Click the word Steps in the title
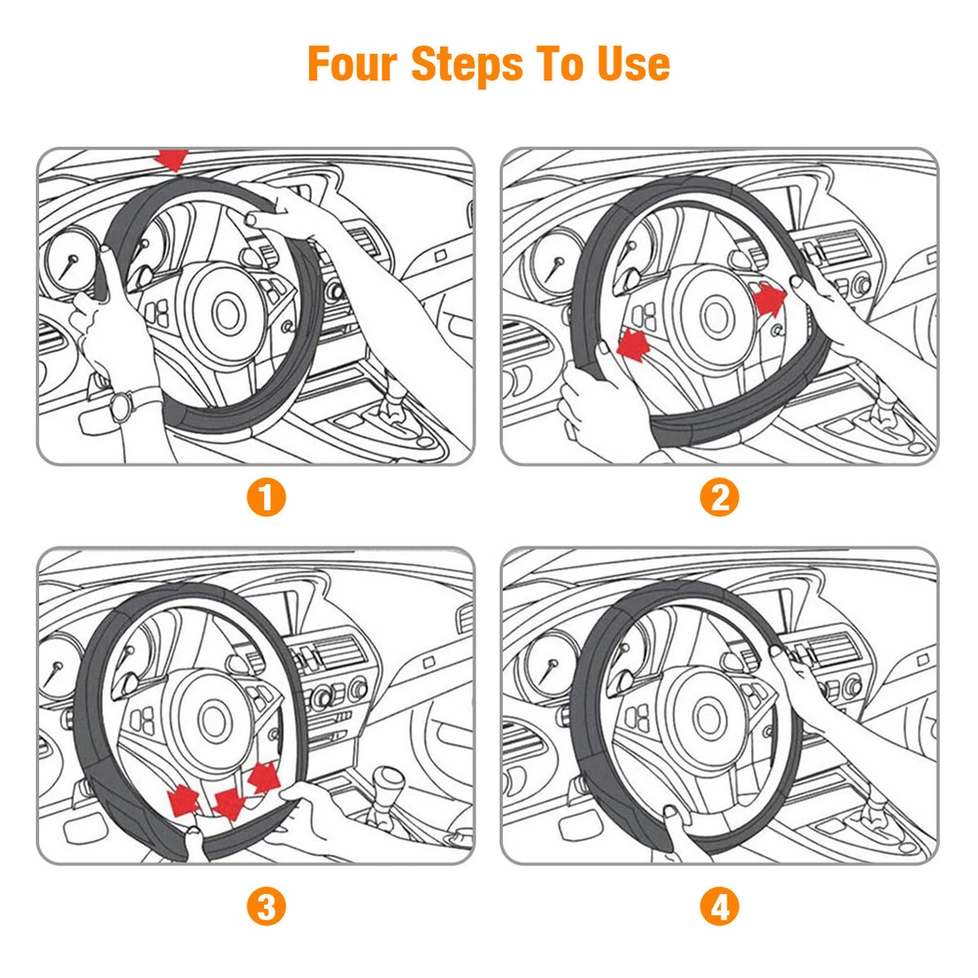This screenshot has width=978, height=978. tap(467, 65)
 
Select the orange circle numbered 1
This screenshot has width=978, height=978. tap(266, 497)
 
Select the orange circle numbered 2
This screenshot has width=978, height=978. tap(719, 497)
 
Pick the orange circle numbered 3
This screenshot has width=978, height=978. tap(266, 907)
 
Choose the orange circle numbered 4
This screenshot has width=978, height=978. tap(719, 907)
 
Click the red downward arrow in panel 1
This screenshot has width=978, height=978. tap(173, 159)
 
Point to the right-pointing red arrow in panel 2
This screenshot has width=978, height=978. tap(770, 297)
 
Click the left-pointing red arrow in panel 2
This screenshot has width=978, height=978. tap(634, 345)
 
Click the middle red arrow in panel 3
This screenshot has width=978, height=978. tap(228, 803)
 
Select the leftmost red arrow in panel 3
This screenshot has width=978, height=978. tap(184, 799)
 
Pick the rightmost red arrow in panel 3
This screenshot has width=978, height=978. tap(264, 778)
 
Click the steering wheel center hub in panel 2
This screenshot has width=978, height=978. tap(716, 316)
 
